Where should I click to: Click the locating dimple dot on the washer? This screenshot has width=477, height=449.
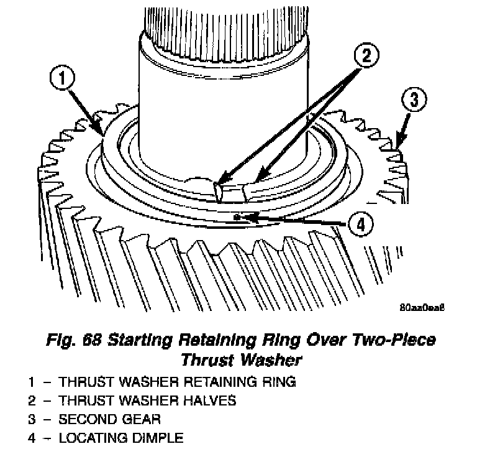[x=238, y=216]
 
